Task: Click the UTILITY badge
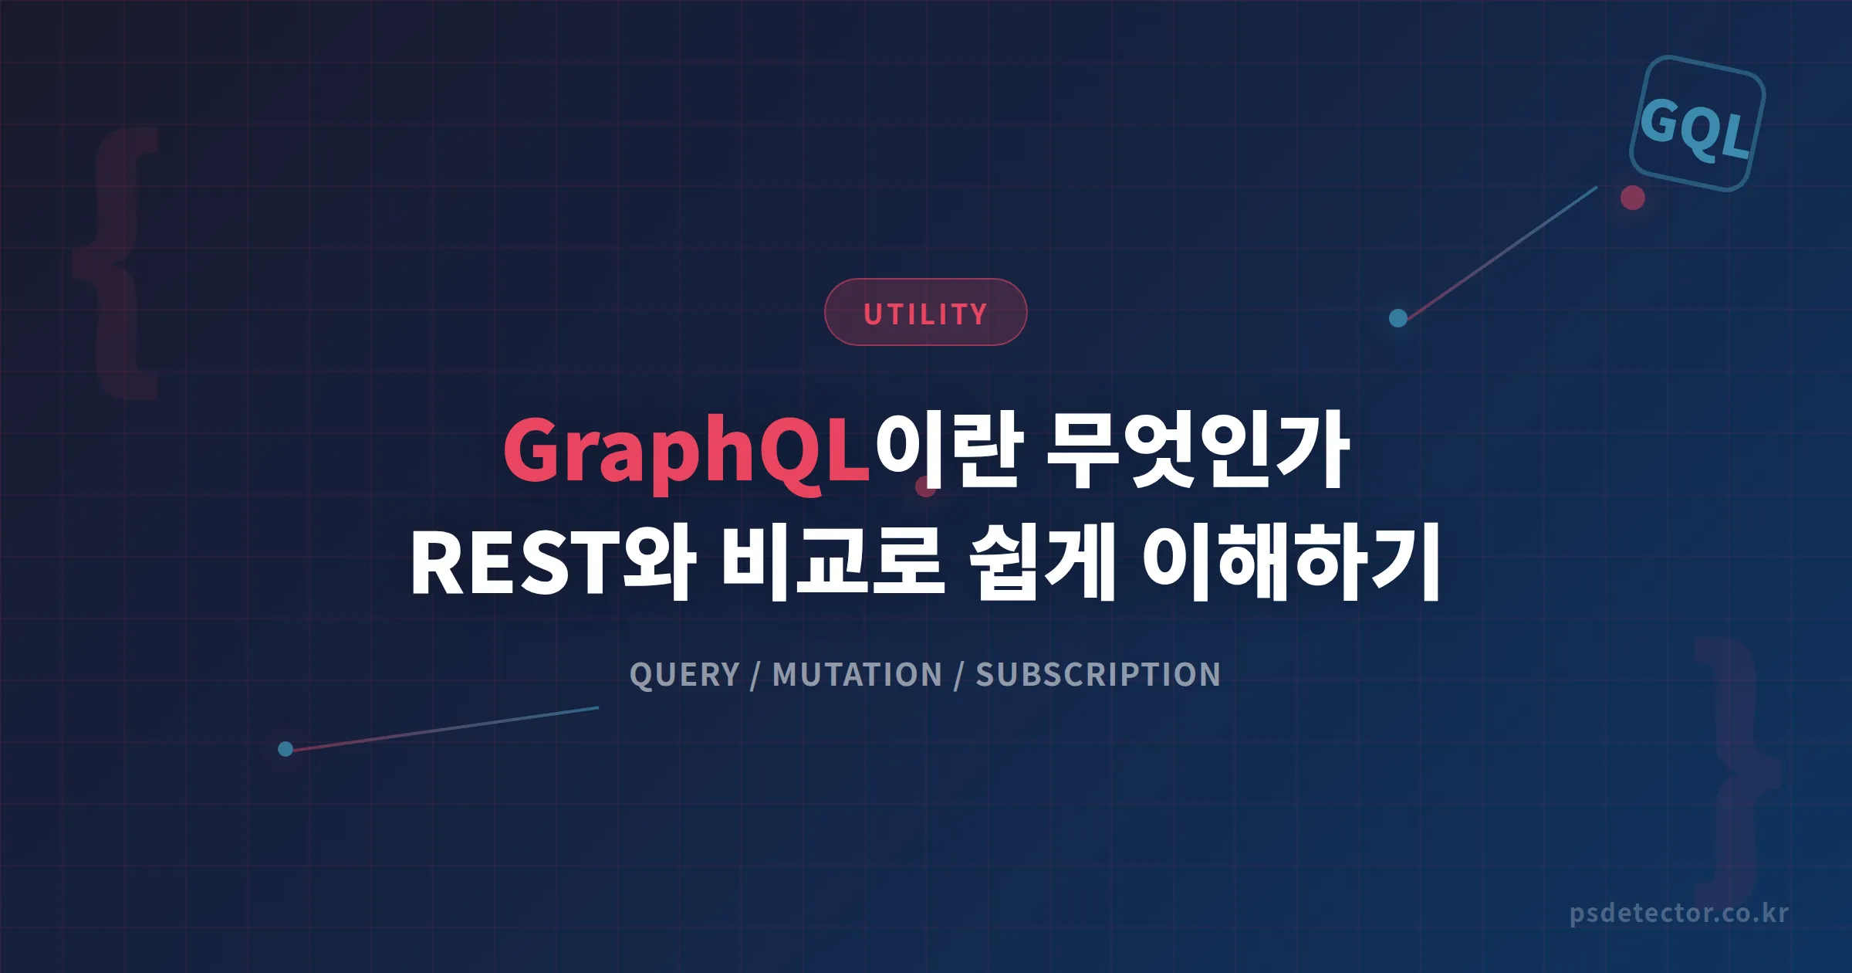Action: coord(925,312)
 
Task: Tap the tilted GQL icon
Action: coord(1697,124)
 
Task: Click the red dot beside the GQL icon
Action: coord(1632,198)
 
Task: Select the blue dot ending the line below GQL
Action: coord(1397,318)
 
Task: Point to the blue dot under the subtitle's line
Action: coord(285,749)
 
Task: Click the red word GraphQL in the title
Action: coord(687,452)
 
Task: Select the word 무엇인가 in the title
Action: coord(1196,450)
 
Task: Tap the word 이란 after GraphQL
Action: coord(949,450)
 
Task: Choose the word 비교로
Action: coord(833,562)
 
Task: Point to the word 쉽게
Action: coord(1042,562)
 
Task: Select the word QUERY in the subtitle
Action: coord(684,675)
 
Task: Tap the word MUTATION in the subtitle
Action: coord(857,675)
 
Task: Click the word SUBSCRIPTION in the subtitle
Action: coord(1098,675)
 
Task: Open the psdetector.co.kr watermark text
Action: coord(1678,914)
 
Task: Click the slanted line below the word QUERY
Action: coord(444,728)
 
